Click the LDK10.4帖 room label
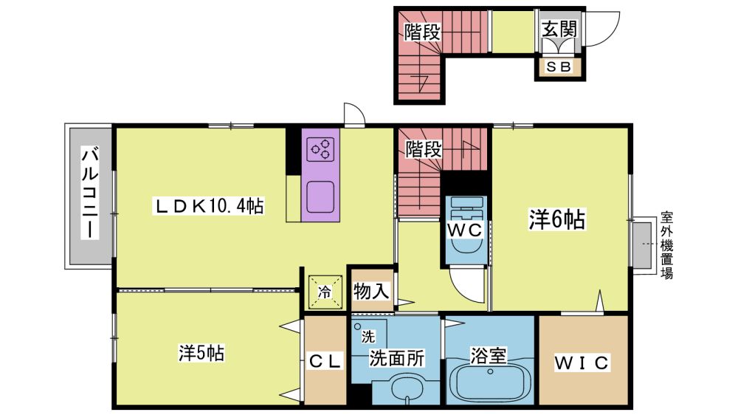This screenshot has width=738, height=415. [209, 206]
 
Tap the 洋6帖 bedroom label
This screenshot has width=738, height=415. [556, 219]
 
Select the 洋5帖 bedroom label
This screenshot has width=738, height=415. [201, 353]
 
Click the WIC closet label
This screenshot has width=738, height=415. [582, 363]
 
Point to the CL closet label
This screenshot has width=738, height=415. [324, 362]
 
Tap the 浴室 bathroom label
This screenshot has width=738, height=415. [489, 356]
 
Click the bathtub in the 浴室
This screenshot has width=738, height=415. [490, 383]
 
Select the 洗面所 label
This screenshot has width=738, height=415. [396, 358]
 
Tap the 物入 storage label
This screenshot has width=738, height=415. [371, 291]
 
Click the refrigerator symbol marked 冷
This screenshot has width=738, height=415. [324, 292]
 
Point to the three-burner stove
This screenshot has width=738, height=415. [320, 150]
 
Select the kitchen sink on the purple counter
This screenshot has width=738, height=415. [320, 197]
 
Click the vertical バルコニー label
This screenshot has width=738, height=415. [90, 193]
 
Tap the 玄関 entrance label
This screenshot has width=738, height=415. [559, 30]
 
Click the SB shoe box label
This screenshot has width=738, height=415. [559, 67]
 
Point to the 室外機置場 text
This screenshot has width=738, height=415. [666, 245]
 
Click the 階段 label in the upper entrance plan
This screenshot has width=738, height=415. [423, 32]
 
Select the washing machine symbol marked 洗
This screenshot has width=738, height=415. [368, 336]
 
